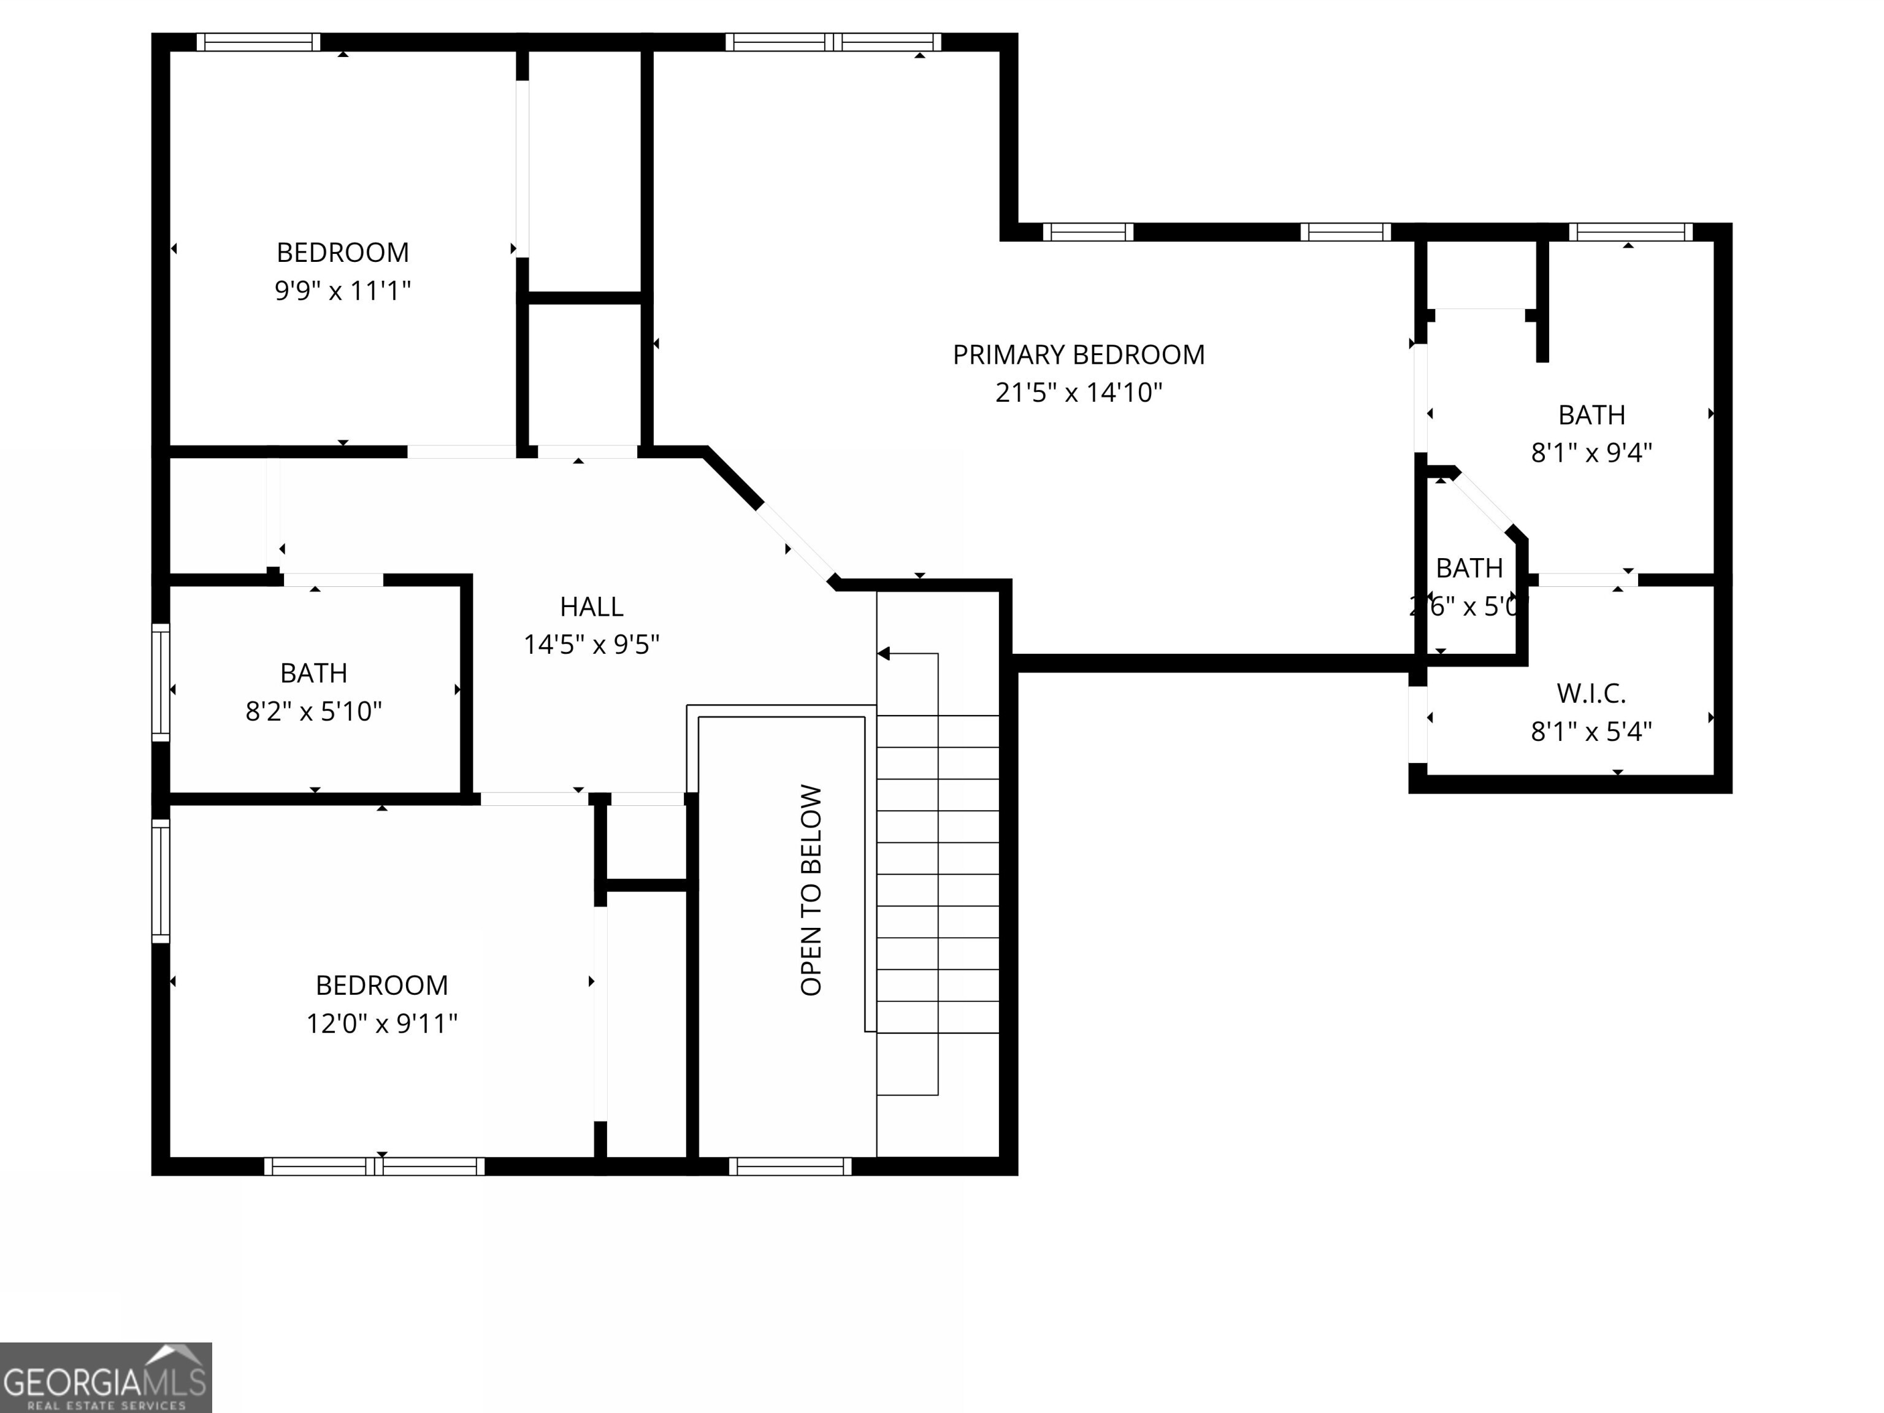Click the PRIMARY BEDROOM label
coord(1078,354)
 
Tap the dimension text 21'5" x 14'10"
coord(1078,392)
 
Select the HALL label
coord(591,607)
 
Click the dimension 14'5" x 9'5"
coord(591,645)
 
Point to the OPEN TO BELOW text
coord(811,890)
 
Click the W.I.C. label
coord(1591,693)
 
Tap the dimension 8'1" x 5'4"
coord(1591,732)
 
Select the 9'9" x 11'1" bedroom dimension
coord(342,291)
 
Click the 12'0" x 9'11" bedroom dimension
coord(381,1023)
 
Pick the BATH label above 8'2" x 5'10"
coord(313,673)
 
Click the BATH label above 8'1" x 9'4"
coord(1591,415)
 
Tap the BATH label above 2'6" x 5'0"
coord(1469,568)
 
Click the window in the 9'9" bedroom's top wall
coord(258,42)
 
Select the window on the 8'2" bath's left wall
coord(160,682)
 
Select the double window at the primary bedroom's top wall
coord(833,42)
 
